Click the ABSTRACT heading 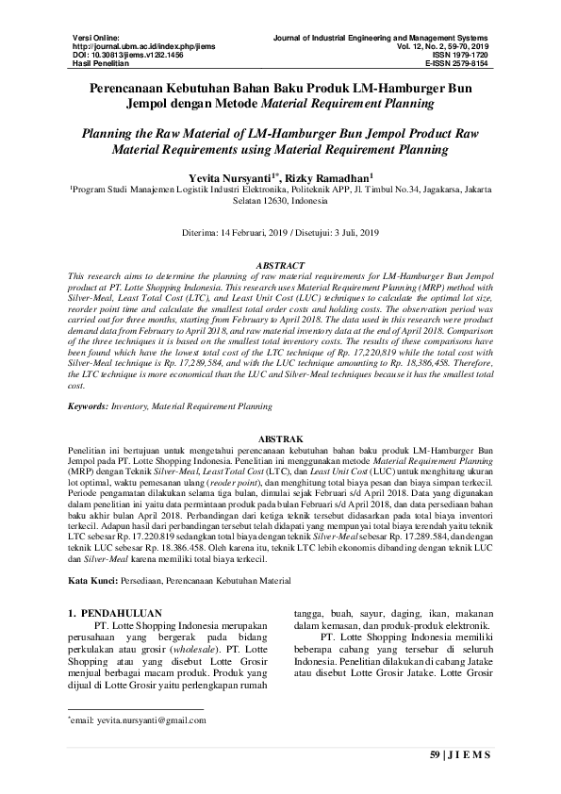280,267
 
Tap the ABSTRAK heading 280,439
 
